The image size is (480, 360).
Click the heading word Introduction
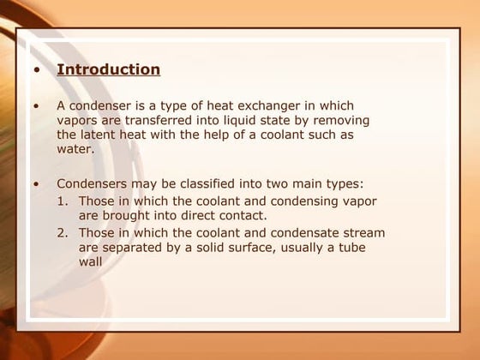(x=108, y=69)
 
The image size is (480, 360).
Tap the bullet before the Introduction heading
(x=36, y=70)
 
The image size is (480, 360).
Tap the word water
(x=75, y=149)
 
